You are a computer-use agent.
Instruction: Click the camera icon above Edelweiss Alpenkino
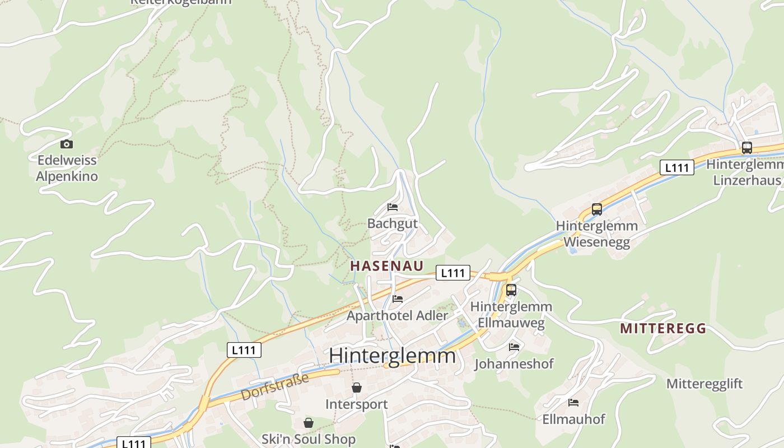(x=67, y=144)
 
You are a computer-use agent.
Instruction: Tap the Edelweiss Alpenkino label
(x=67, y=168)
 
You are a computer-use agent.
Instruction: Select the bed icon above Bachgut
(x=393, y=207)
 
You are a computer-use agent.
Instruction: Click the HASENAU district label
(x=386, y=266)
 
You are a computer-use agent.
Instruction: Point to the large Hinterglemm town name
(x=392, y=356)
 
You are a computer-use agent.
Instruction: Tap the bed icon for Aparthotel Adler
(x=398, y=299)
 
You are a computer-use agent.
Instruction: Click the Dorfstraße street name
(x=275, y=387)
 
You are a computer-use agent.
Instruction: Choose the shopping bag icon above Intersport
(x=356, y=388)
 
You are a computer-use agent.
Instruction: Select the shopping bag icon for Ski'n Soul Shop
(x=308, y=423)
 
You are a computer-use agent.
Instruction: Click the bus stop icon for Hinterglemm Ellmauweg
(x=511, y=290)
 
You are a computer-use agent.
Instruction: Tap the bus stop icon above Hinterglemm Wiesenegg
(x=597, y=209)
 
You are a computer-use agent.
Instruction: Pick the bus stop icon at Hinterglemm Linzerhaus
(x=746, y=148)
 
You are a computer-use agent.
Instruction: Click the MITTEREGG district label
(x=662, y=329)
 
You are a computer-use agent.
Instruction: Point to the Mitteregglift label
(x=704, y=384)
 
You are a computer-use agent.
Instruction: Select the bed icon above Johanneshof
(x=514, y=347)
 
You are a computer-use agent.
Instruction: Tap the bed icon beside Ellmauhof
(x=573, y=403)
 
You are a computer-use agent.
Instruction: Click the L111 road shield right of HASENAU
(x=452, y=273)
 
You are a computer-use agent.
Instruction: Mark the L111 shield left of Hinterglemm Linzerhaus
(x=676, y=167)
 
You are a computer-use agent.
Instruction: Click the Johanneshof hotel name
(x=514, y=364)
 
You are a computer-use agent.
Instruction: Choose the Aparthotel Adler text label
(x=398, y=315)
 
